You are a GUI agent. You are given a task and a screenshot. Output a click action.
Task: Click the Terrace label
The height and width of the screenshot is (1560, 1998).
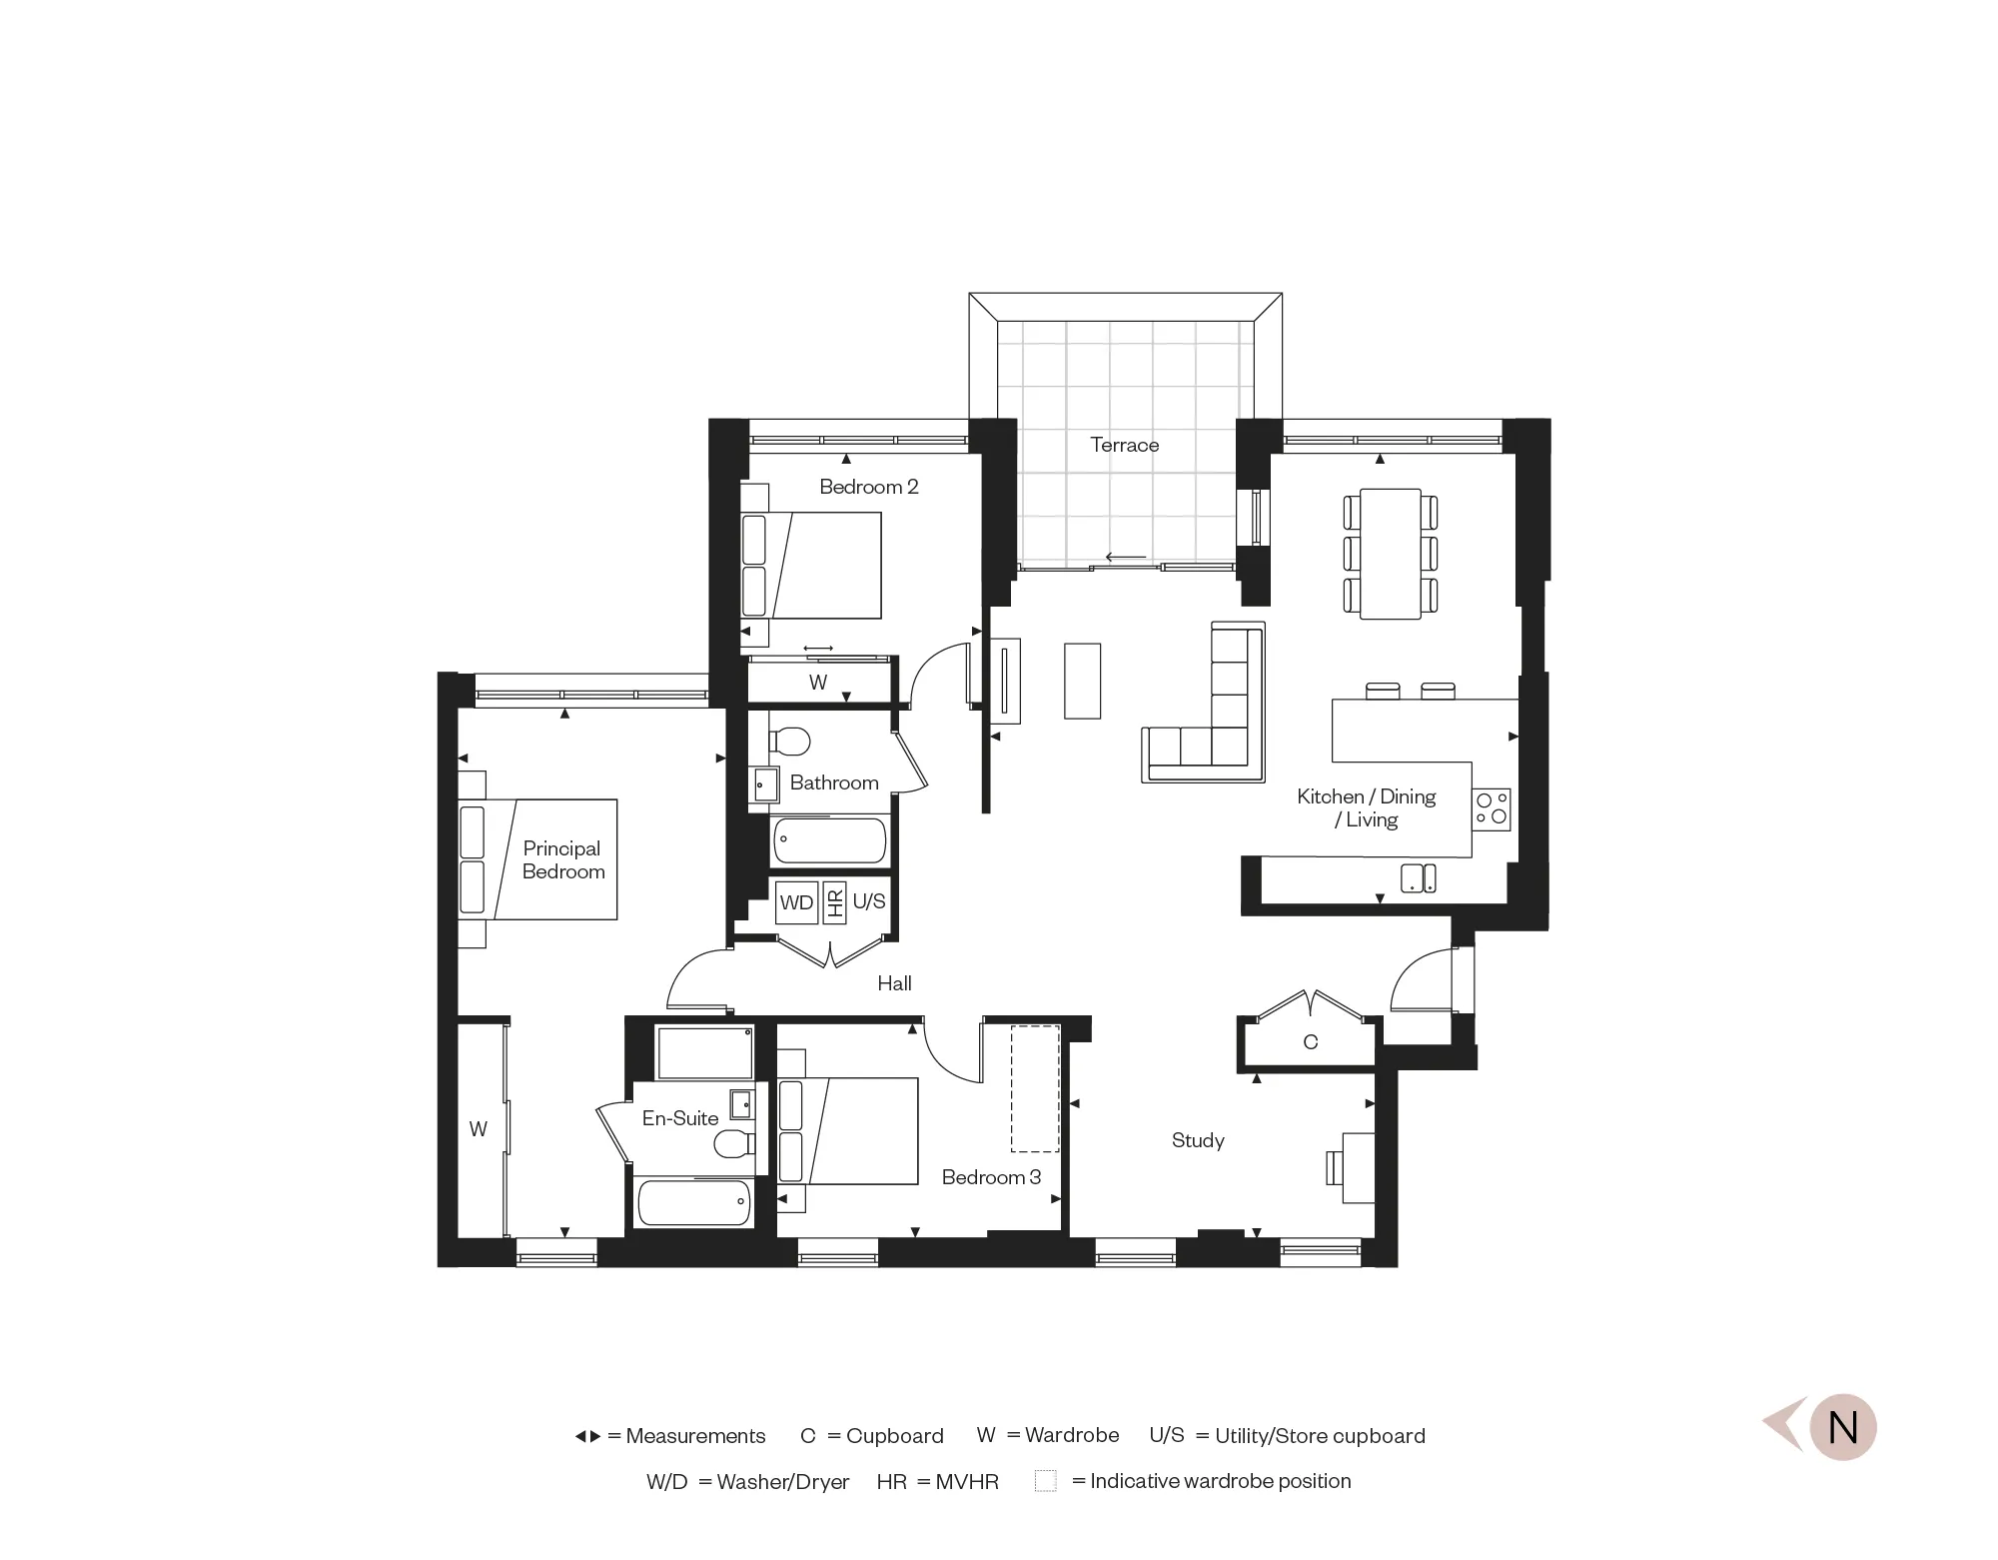pyautogui.click(x=1124, y=445)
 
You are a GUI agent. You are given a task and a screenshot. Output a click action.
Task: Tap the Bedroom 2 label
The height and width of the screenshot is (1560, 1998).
pyautogui.click(x=868, y=487)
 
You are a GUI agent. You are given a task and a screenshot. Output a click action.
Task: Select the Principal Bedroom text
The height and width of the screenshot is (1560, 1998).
pyautogui.click(x=562, y=859)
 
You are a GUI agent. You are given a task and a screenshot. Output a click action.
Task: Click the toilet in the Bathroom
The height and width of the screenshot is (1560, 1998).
pyautogui.click(x=790, y=741)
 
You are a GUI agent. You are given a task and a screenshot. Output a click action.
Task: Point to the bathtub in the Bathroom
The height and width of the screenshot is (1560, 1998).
pyautogui.click(x=829, y=840)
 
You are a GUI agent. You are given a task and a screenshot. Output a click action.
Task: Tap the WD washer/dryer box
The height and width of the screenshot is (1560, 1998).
pyautogui.click(x=796, y=902)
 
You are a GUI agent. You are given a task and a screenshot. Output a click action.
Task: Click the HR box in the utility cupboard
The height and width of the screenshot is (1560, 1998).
pyautogui.click(x=835, y=901)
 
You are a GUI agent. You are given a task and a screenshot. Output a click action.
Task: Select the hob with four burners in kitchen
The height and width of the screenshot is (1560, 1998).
pyautogui.click(x=1492, y=809)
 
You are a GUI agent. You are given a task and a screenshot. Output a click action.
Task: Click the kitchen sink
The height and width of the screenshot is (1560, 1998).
pyautogui.click(x=1419, y=877)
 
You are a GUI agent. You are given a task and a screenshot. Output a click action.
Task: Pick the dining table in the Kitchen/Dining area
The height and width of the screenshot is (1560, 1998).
pyautogui.click(x=1391, y=554)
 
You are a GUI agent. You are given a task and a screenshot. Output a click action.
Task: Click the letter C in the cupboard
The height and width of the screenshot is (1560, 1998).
pyautogui.click(x=1311, y=1042)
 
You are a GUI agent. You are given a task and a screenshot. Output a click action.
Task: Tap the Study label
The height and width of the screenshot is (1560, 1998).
pyautogui.click(x=1198, y=1140)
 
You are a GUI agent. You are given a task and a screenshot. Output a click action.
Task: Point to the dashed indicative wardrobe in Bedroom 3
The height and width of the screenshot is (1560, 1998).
pyautogui.click(x=1035, y=1088)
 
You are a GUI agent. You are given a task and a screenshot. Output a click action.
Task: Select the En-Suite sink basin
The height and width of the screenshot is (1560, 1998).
pyautogui.click(x=741, y=1103)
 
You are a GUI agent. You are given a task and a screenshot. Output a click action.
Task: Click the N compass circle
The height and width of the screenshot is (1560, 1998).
pyautogui.click(x=1842, y=1427)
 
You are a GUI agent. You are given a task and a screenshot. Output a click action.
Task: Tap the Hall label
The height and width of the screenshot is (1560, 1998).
pyautogui.click(x=894, y=983)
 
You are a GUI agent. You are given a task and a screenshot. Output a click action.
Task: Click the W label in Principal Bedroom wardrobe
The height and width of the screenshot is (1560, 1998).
pyautogui.click(x=479, y=1128)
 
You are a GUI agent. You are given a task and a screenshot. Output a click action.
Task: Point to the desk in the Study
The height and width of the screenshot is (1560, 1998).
pyautogui.click(x=1358, y=1167)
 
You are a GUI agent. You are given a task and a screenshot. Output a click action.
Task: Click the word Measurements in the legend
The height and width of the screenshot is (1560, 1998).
pyautogui.click(x=695, y=1436)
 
